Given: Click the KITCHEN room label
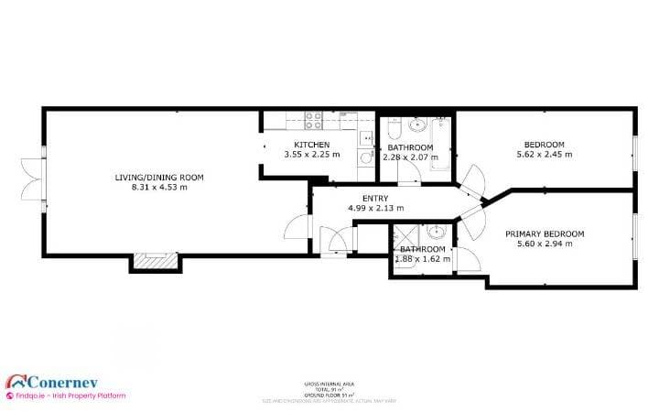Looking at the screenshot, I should [311, 146].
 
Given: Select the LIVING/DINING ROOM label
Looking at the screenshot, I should [159, 177].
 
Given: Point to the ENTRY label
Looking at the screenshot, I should [375, 198].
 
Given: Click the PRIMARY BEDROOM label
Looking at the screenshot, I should [545, 233].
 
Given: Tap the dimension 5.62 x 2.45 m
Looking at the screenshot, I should [544, 155].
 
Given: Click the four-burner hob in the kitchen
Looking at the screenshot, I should [313, 117].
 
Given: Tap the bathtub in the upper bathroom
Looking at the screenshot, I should [441, 147].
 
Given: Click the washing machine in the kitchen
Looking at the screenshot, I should [365, 157].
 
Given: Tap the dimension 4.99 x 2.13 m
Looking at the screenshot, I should [375, 208].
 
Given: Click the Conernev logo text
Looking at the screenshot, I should [63, 381].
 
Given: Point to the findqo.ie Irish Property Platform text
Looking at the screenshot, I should [66, 396].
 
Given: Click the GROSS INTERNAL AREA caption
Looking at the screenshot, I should [329, 384].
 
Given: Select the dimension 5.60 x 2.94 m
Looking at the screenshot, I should [545, 244].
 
